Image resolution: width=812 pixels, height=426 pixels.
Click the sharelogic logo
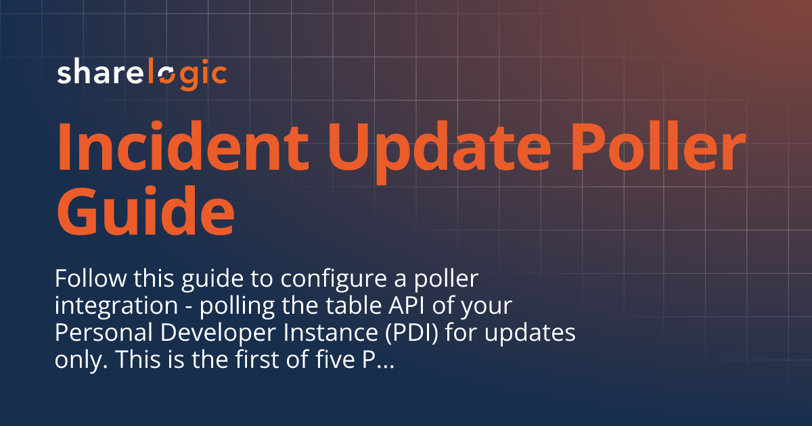pos(141,73)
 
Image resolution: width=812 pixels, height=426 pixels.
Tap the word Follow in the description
pos(87,279)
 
